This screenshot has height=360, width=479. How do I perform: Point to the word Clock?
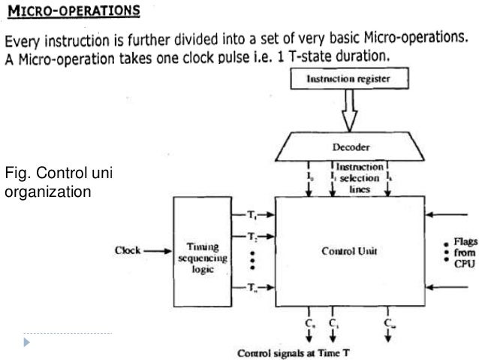(128, 250)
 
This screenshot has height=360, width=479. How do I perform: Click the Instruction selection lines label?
(359, 178)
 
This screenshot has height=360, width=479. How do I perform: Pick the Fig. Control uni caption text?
(57, 174)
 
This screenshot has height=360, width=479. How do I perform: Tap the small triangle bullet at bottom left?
(28, 342)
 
